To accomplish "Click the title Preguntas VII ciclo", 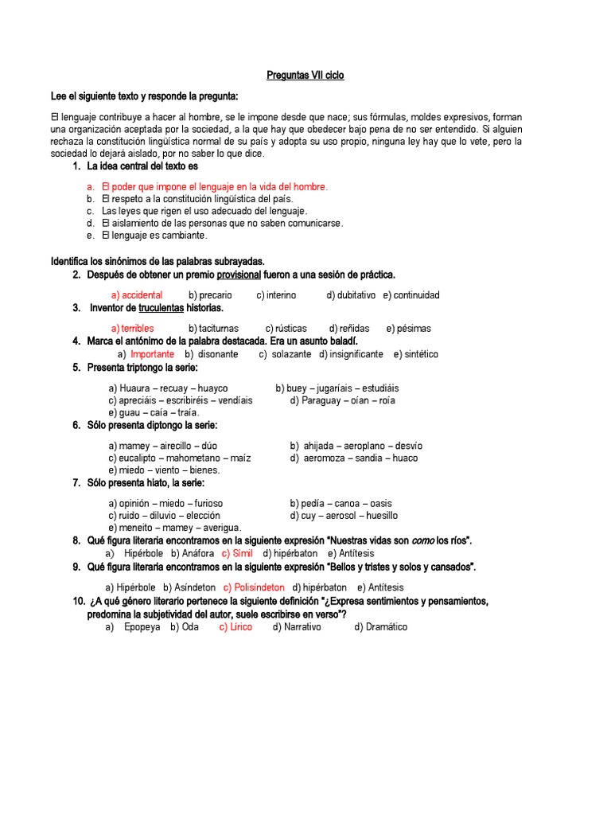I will (305, 76).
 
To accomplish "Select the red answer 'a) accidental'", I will (136, 294).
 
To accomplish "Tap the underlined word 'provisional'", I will (239, 275).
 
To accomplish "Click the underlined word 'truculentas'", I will (161, 307).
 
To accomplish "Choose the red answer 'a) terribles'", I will (133, 328).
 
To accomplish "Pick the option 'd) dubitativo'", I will (351, 294).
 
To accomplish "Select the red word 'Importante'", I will (152, 354).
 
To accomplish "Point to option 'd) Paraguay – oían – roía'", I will (342, 400).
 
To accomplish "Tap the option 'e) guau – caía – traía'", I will (154, 412).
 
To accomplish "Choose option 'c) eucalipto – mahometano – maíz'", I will (180, 458).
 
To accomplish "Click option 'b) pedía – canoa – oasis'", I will (341, 503).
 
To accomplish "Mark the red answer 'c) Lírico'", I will (235, 627).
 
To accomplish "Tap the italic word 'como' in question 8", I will (422, 540).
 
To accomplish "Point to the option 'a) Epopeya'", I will (134, 627).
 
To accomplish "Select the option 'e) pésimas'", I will (408, 328).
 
